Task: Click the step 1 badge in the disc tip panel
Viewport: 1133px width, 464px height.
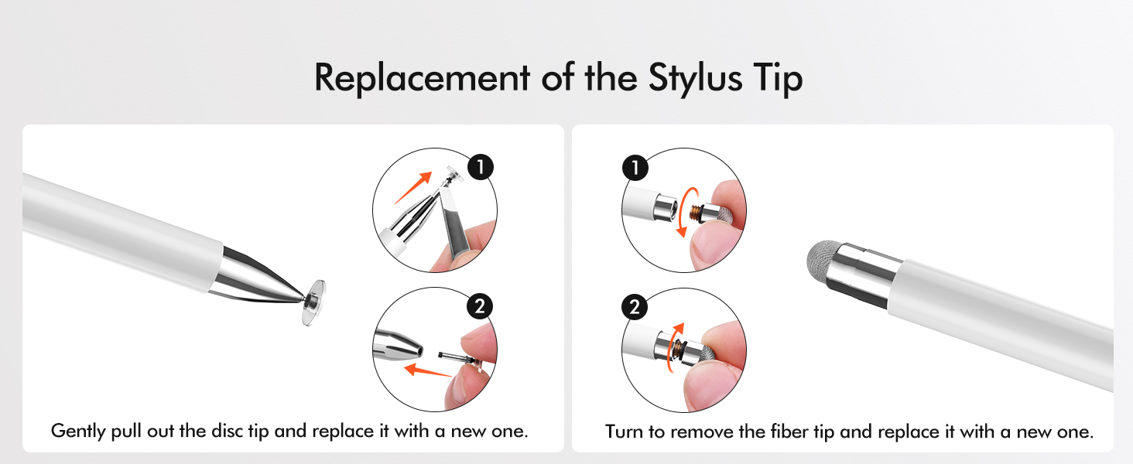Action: click(481, 167)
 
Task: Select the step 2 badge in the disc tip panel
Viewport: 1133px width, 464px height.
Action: click(481, 305)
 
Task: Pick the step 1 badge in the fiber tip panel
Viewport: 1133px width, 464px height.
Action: click(635, 167)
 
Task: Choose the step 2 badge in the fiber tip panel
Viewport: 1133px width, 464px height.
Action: click(635, 306)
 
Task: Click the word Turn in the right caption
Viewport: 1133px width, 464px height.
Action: click(625, 432)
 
